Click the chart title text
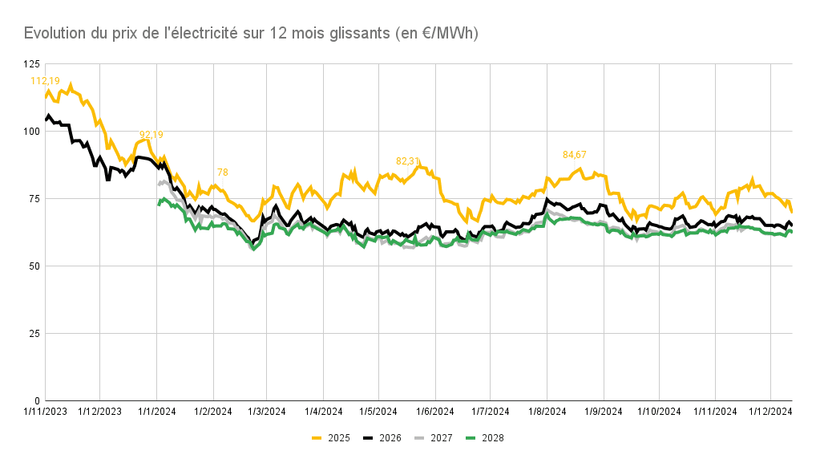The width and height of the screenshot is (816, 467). click(251, 33)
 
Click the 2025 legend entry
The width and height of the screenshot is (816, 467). click(331, 437)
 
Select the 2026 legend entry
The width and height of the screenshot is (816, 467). click(383, 437)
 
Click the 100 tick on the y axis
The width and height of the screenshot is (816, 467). click(30, 131)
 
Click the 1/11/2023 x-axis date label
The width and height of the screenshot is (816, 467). click(45, 412)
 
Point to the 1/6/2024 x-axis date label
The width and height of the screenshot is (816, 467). click(434, 412)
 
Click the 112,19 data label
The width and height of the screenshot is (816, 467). click(45, 80)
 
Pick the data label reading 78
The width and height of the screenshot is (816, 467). click(223, 173)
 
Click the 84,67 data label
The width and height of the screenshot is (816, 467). click(575, 154)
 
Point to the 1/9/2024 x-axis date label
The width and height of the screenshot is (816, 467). click(602, 412)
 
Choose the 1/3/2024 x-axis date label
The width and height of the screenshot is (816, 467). click(266, 412)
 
